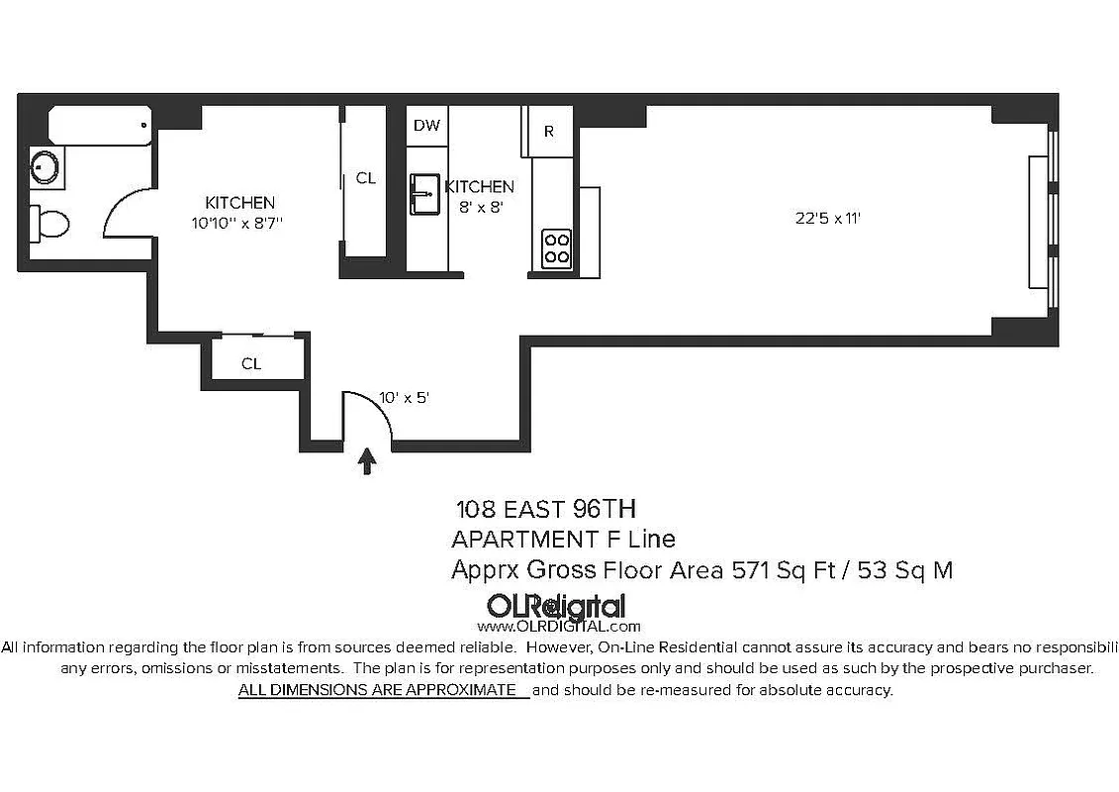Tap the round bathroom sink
click(x=45, y=165)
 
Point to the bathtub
click(x=99, y=126)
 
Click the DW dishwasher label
click(x=426, y=125)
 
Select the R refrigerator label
click(x=549, y=132)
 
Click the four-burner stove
click(x=556, y=247)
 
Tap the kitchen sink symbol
click(x=425, y=193)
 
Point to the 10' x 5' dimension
click(x=404, y=397)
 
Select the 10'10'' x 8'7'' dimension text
click(x=239, y=224)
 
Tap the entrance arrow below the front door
click(x=367, y=461)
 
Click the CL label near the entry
click(x=251, y=363)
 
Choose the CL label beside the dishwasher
click(x=366, y=178)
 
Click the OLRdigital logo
click(x=555, y=606)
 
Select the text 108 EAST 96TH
click(x=545, y=509)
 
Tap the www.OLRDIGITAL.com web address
click(x=559, y=626)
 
